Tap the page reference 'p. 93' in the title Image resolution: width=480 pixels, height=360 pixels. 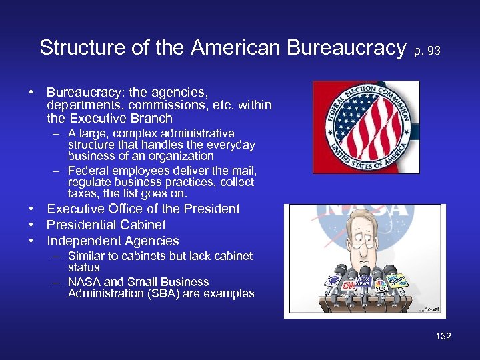coord(427,50)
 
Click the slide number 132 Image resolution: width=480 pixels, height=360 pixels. coord(443,336)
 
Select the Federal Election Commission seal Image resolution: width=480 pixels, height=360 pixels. coord(366,127)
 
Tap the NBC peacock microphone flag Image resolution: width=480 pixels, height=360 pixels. coord(381,287)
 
